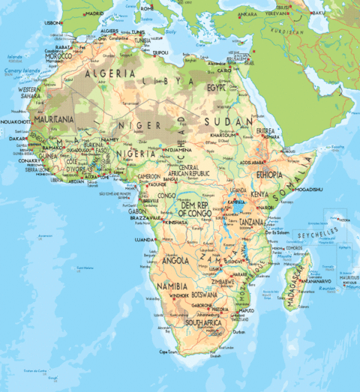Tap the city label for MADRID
94,13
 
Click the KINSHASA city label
176,223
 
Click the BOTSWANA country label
204,295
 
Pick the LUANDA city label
144,240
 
